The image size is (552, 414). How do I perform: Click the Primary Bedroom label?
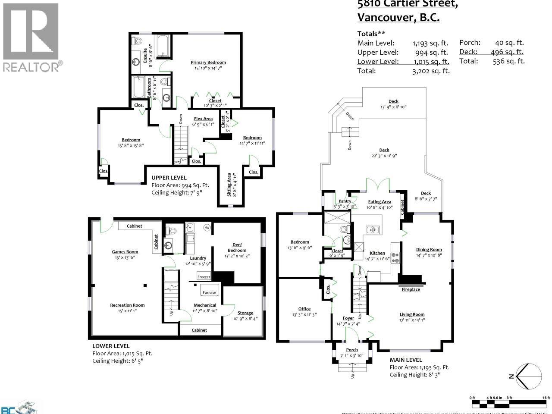click(x=208, y=63)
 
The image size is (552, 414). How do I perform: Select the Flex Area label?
click(x=203, y=119)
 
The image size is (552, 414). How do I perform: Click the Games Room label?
click(x=125, y=252)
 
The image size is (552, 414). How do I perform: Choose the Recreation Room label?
click(x=127, y=305)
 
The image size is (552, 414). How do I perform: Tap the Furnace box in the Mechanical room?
click(x=210, y=292)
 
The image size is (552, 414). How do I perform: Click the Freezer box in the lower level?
click(x=204, y=277)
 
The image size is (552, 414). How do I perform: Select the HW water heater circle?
click(x=207, y=227)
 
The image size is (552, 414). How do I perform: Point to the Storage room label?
click(x=245, y=313)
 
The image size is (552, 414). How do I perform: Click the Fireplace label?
click(x=411, y=289)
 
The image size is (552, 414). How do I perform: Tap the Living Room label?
click(x=412, y=314)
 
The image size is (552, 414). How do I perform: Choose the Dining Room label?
click(x=429, y=249)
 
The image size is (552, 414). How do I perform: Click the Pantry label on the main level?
click(x=345, y=201)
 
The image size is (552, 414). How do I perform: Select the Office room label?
click(x=304, y=309)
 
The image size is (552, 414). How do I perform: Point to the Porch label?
click(x=352, y=350)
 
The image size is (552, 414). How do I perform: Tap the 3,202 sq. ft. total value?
click(x=431, y=71)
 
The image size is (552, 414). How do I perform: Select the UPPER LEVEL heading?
click(x=169, y=178)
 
